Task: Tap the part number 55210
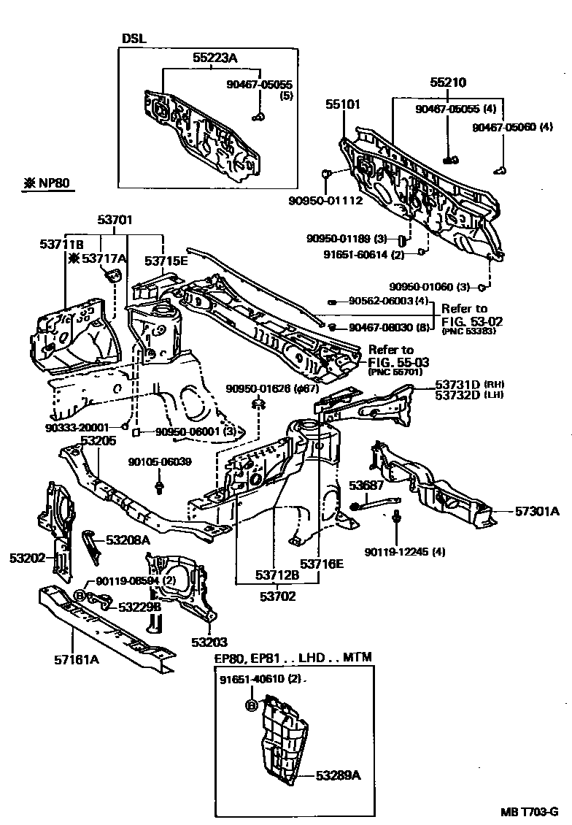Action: click(447, 83)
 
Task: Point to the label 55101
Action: click(342, 105)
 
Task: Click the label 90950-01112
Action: click(325, 200)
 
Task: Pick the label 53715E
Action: click(166, 260)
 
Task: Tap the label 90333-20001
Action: click(77, 427)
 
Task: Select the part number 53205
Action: click(98, 441)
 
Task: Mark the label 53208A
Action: click(128, 540)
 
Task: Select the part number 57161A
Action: click(76, 660)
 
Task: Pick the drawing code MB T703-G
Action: click(529, 813)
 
